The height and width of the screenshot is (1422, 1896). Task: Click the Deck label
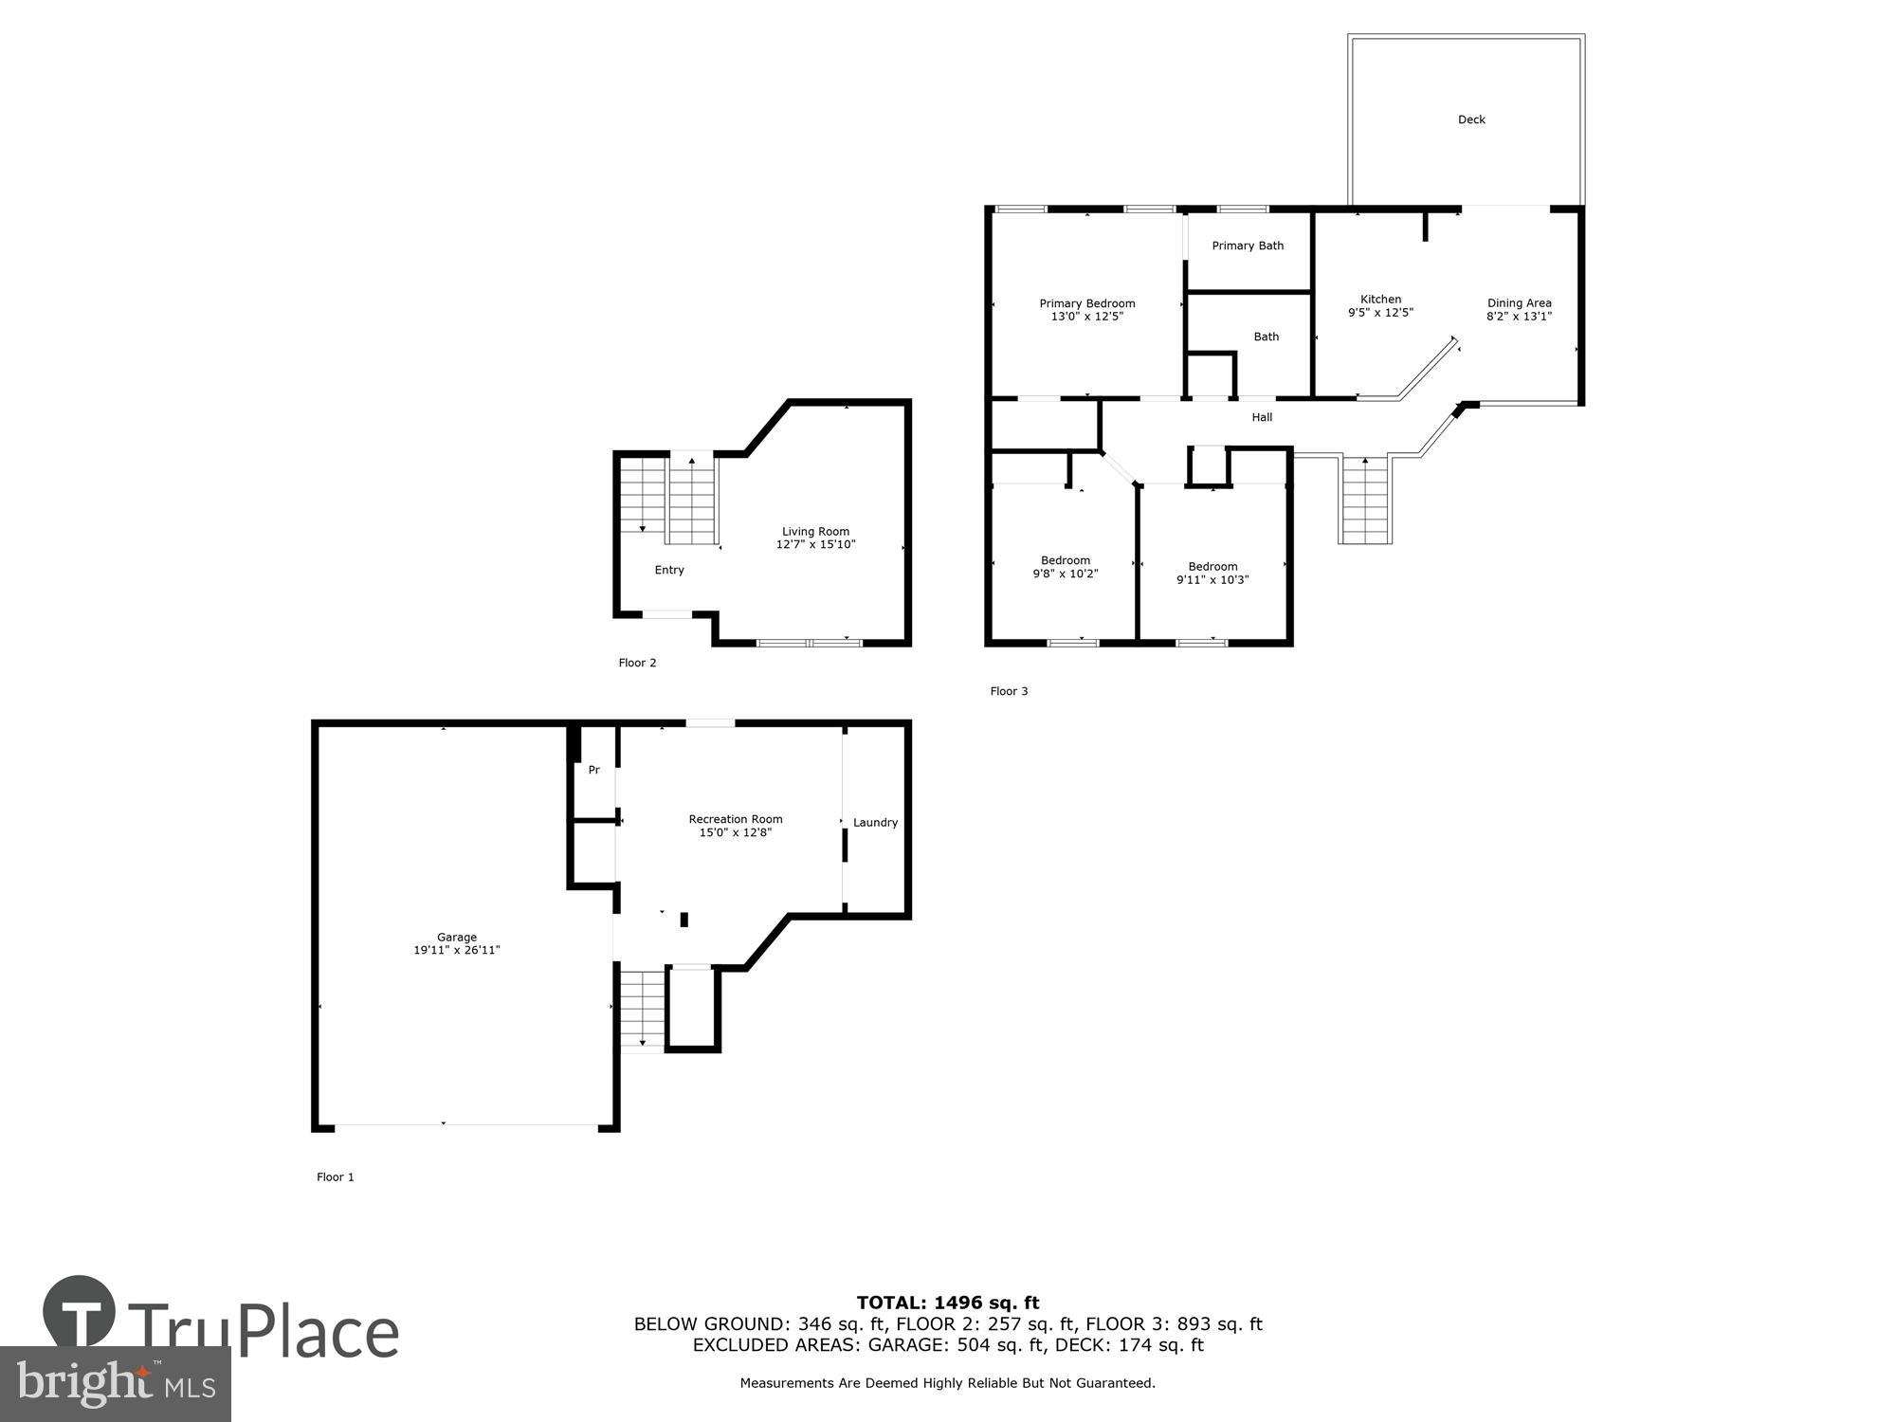(1471, 119)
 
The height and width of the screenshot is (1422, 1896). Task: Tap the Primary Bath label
(1248, 246)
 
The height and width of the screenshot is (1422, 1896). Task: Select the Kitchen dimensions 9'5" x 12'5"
(1380, 313)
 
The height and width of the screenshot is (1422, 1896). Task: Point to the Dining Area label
(1519, 303)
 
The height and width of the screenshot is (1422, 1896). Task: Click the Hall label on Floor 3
(1262, 417)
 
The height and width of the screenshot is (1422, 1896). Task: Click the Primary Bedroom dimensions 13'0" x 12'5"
(1086, 317)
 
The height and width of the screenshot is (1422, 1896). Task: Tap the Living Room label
(815, 532)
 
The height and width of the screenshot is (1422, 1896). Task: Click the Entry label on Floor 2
(669, 570)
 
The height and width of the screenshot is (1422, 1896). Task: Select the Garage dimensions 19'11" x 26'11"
(456, 950)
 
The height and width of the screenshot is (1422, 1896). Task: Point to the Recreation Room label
(736, 819)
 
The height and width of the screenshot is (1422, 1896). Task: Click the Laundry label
(875, 823)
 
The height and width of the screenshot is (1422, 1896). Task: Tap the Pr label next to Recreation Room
(593, 770)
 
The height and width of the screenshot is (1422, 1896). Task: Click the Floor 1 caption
(336, 1176)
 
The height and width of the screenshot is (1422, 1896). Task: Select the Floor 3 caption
(1009, 691)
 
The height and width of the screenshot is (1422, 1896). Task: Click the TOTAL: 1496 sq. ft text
(948, 1303)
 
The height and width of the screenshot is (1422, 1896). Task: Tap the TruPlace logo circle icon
(80, 1312)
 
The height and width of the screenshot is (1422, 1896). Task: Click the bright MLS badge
(116, 1384)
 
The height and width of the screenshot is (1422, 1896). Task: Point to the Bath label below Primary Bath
(1266, 337)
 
